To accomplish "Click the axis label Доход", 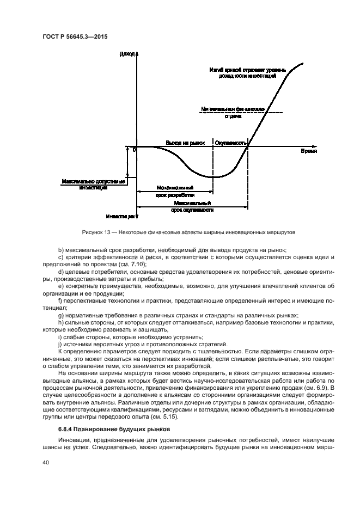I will click(x=126, y=54).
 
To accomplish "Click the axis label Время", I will click(x=308, y=151).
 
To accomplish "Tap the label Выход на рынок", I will click(x=185, y=143).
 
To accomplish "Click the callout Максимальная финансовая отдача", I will click(x=233, y=112).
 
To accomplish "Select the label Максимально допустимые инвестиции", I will click(x=93, y=184).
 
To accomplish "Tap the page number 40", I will click(x=46, y=463).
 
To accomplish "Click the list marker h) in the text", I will click(x=61, y=323).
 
